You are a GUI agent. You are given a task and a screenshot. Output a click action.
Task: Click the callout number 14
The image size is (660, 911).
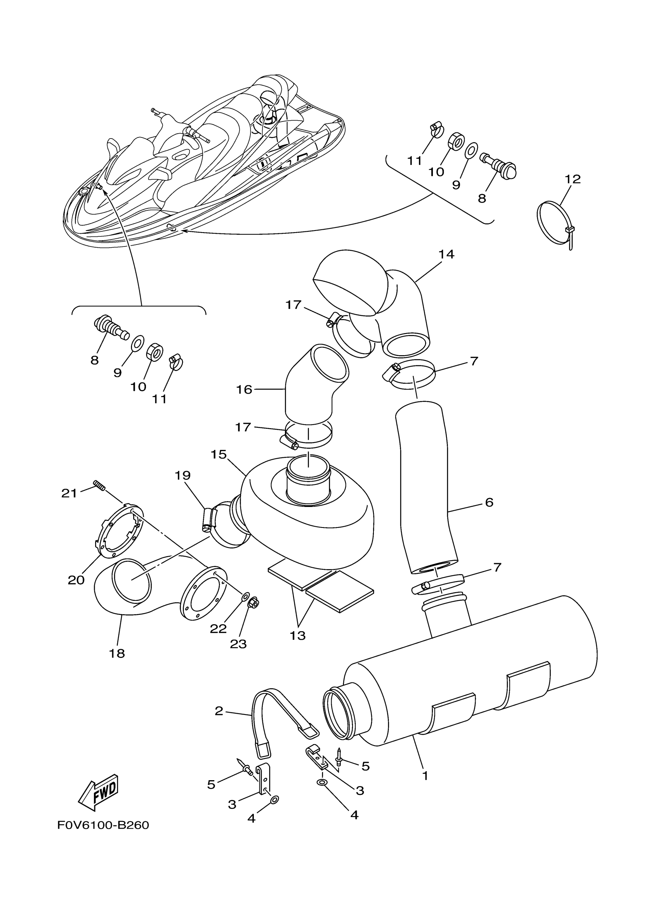(446, 254)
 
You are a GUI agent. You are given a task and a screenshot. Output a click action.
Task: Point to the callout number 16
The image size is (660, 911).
(244, 389)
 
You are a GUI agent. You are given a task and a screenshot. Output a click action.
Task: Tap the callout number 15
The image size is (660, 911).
(219, 455)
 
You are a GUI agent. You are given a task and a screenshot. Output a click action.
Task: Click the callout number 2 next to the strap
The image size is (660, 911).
(219, 711)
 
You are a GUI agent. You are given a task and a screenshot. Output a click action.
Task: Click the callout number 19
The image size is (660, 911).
(182, 475)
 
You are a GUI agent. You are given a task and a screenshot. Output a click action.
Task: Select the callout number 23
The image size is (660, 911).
(238, 644)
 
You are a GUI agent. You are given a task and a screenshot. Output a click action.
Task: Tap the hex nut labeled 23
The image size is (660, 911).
(254, 602)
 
